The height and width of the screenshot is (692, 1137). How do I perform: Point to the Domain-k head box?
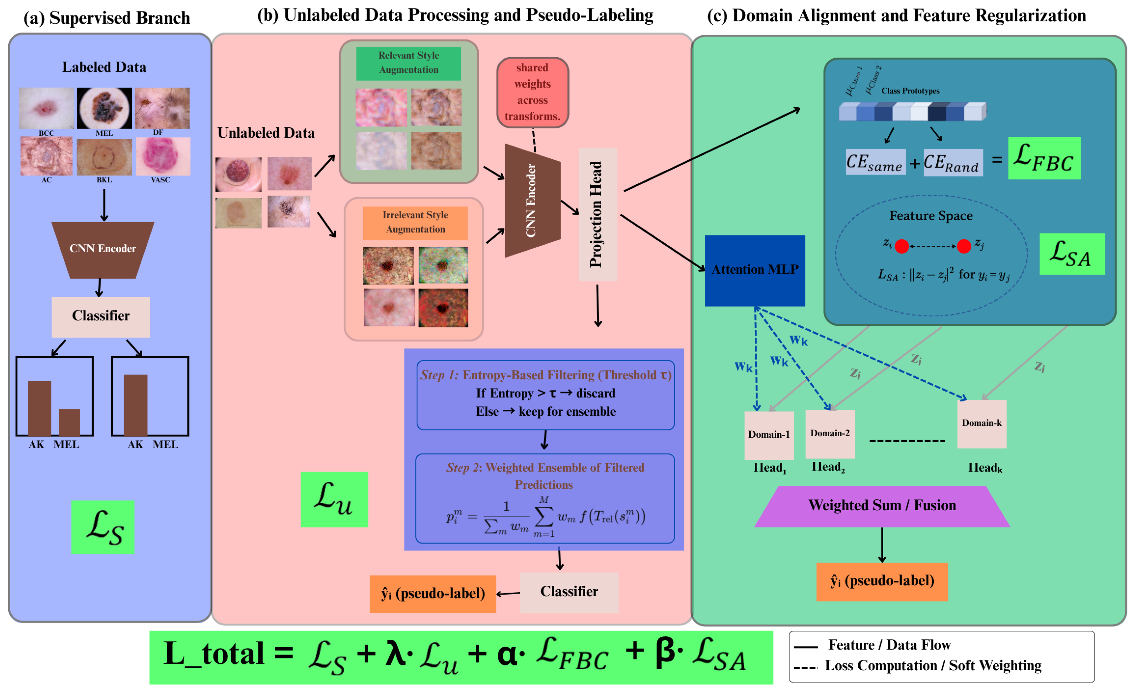tap(982, 424)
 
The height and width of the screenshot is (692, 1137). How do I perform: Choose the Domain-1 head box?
tap(769, 435)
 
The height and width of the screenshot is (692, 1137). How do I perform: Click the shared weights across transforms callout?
tap(532, 92)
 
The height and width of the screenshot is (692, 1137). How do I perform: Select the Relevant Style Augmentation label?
tap(408, 63)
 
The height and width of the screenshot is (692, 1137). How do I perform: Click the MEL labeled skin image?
tap(104, 108)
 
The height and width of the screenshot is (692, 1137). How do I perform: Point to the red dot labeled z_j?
tap(963, 246)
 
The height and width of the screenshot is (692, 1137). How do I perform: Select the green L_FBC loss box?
tap(1044, 158)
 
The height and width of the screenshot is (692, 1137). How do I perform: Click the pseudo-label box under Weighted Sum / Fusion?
tap(882, 581)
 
